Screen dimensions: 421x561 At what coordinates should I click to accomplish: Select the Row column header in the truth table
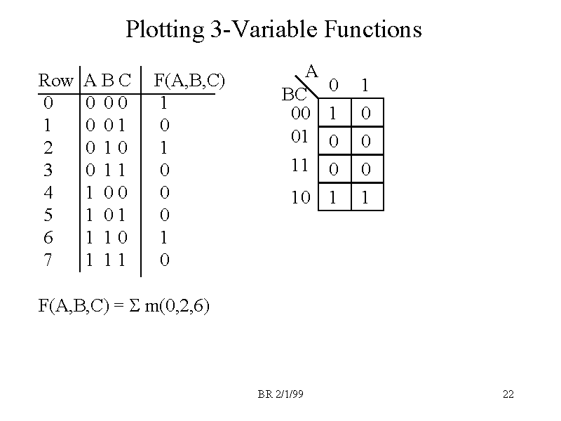pyautogui.click(x=55, y=81)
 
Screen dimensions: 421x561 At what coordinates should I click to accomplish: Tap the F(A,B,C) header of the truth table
pyautogui.click(x=189, y=81)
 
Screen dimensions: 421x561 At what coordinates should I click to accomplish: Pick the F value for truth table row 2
pyautogui.click(x=163, y=148)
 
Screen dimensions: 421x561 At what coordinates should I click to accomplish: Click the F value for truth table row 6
pyautogui.click(x=163, y=238)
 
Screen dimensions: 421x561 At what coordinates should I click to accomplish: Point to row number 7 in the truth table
pyautogui.click(x=47, y=260)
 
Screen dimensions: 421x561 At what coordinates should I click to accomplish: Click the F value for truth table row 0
pyautogui.click(x=163, y=103)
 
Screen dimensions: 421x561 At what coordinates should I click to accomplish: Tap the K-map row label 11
pyautogui.click(x=301, y=166)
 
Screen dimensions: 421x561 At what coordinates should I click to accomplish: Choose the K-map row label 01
pyautogui.click(x=301, y=137)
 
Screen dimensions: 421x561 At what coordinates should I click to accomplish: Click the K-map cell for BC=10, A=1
pyautogui.click(x=365, y=198)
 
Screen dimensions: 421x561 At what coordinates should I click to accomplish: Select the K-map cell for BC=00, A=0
pyautogui.click(x=334, y=113)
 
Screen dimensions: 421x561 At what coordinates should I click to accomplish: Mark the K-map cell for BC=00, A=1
pyautogui.click(x=365, y=113)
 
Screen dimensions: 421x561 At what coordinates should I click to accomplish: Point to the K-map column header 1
pyautogui.click(x=365, y=86)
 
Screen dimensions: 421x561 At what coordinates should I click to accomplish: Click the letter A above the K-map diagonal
pyautogui.click(x=313, y=71)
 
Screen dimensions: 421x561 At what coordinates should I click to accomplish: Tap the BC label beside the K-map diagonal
pyautogui.click(x=295, y=95)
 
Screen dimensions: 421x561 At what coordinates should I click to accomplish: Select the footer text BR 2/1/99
pyautogui.click(x=280, y=395)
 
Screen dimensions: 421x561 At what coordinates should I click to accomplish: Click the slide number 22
pyautogui.click(x=508, y=395)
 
